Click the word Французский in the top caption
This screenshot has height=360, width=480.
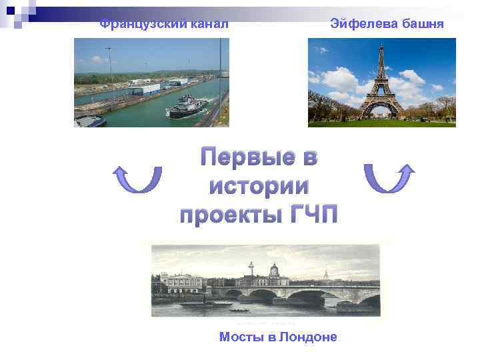136,25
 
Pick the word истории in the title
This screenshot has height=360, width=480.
259,187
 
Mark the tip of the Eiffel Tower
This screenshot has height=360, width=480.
382,45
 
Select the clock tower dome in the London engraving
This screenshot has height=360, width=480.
274,269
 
